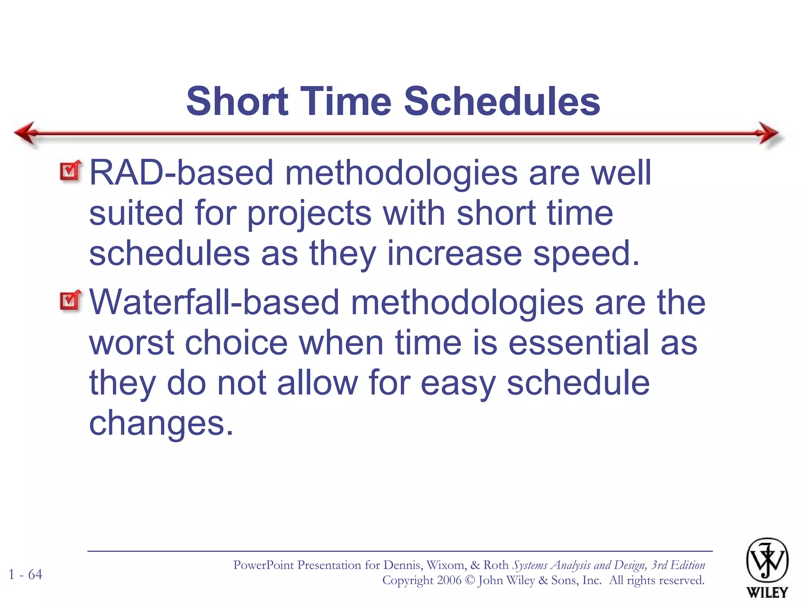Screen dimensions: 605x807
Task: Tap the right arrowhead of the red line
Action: (x=768, y=133)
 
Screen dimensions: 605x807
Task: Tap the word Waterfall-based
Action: (x=214, y=302)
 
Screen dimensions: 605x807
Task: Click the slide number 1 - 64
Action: (x=26, y=574)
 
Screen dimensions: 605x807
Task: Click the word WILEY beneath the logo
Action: (x=767, y=592)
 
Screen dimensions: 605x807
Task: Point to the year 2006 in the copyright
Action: (x=449, y=580)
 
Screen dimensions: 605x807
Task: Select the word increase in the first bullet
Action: (x=454, y=254)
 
